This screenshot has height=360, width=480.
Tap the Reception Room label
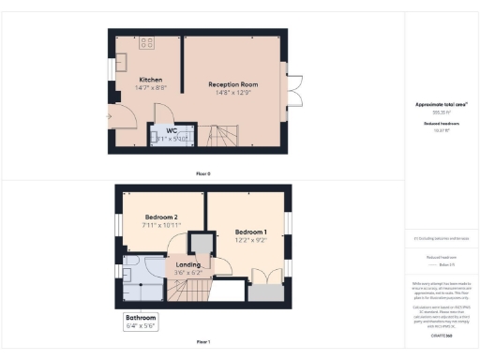click(x=233, y=84)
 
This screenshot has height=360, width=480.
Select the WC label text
click(x=172, y=130)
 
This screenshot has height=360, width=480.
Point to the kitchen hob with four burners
click(x=147, y=43)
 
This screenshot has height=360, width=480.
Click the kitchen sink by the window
click(x=122, y=62)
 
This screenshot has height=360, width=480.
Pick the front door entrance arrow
click(x=109, y=115)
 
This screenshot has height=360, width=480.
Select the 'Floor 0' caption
click(x=203, y=174)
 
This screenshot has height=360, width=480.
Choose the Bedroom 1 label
click(x=251, y=232)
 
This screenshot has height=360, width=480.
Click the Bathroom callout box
click(x=141, y=322)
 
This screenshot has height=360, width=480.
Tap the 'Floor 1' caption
click(x=203, y=343)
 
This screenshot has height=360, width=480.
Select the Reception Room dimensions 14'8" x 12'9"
click(x=233, y=93)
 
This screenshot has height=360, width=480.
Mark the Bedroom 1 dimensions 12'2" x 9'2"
click(x=251, y=240)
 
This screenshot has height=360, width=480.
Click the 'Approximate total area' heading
click(x=440, y=104)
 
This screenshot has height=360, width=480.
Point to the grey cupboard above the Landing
click(x=199, y=243)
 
